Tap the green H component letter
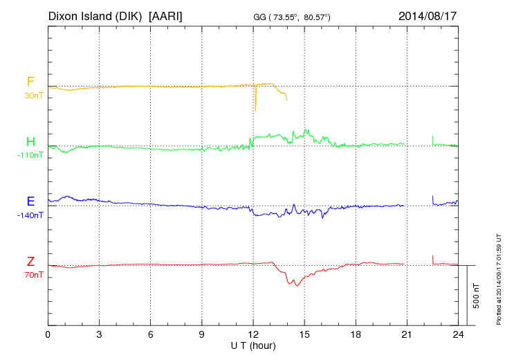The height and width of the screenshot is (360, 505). [x=30, y=142]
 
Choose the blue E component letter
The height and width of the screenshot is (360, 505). [x=30, y=201]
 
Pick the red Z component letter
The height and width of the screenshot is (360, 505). [x=30, y=261]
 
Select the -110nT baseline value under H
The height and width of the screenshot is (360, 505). [x=30, y=155]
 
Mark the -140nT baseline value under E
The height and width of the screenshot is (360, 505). [x=30, y=215]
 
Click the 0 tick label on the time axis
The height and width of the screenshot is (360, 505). [x=48, y=334]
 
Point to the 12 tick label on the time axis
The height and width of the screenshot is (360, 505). [x=253, y=334]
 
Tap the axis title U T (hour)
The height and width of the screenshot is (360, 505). [x=253, y=345]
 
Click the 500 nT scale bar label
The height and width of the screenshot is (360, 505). [x=476, y=295]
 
